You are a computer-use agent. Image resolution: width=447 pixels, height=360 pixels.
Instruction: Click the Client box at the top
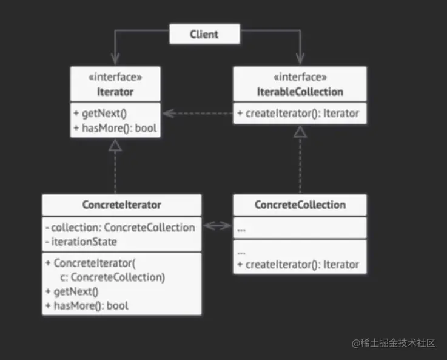[x=204, y=34]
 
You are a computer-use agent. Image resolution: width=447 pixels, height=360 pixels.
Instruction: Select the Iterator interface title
[x=115, y=92]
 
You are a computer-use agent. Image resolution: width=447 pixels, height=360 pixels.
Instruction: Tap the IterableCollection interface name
[x=300, y=92]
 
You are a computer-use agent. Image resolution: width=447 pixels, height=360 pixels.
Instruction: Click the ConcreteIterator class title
[x=121, y=205]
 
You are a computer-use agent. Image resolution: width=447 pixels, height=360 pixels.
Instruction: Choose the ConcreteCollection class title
[x=300, y=205]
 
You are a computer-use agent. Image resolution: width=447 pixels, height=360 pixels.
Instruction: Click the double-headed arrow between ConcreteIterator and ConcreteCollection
[x=217, y=227]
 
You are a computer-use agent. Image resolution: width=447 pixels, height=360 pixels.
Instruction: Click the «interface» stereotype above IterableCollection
[x=300, y=77]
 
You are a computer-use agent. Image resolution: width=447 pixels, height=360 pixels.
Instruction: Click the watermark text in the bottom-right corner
[x=394, y=343]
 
